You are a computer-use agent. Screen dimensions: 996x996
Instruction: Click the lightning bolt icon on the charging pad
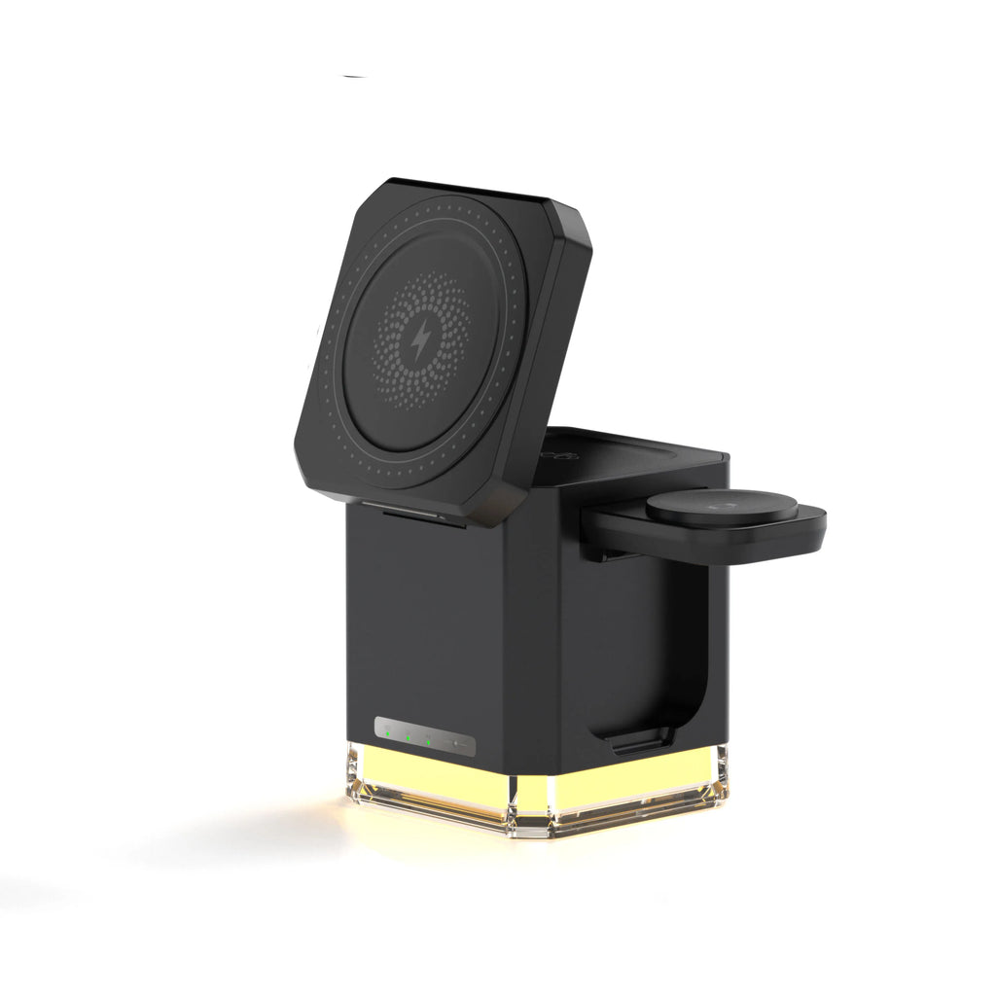pos(422,340)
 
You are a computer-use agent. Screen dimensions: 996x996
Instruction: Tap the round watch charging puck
pos(722,509)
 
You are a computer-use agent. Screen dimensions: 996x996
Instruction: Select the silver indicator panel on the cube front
pos(425,737)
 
